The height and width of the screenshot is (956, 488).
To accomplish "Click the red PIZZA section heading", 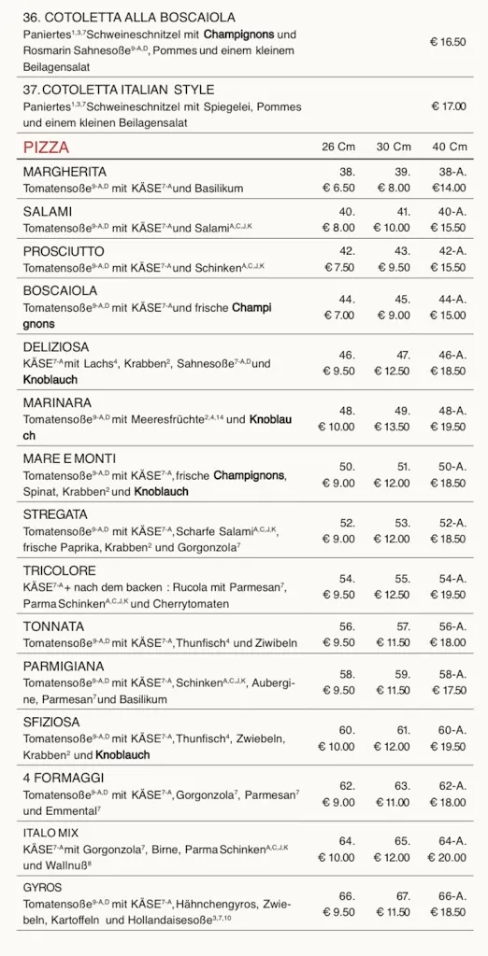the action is click(x=46, y=148).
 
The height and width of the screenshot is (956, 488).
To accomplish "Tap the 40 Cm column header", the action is click(x=449, y=148).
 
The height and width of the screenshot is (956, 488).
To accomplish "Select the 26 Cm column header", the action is click(x=338, y=148).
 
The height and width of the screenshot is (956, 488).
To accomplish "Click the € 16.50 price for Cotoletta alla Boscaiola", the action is click(x=448, y=42).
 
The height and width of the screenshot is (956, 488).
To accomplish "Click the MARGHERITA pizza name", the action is click(x=65, y=172).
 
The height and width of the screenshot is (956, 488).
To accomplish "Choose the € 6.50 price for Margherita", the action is click(x=338, y=189).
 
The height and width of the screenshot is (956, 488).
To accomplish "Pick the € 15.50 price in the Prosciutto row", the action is click(x=448, y=268).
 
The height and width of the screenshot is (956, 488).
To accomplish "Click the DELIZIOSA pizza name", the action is click(x=56, y=347).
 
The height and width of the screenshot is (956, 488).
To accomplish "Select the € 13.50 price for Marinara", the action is click(x=393, y=428).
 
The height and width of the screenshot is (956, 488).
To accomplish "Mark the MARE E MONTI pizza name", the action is click(x=69, y=459).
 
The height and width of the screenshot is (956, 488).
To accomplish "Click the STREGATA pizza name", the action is click(x=55, y=514).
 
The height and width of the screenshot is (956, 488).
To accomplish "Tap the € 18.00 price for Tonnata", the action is click(x=448, y=643).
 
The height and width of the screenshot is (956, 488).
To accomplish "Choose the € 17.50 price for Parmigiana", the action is click(x=448, y=691).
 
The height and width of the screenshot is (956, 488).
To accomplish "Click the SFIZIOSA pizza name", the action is click(x=51, y=722).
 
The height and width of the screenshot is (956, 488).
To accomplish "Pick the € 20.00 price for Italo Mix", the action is click(x=447, y=858).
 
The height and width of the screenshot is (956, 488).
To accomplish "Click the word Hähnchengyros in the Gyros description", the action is click(x=216, y=904).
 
